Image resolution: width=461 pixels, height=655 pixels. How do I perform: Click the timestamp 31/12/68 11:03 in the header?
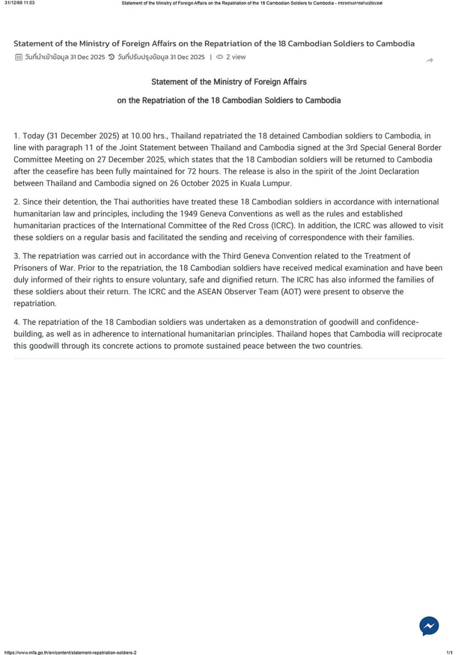(20, 3)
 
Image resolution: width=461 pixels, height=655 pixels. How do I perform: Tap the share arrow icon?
(429, 60)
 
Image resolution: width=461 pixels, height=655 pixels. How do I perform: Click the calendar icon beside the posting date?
(19, 57)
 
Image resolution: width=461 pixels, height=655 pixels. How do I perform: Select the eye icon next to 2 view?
(220, 57)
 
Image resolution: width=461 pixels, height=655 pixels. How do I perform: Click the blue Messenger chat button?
(429, 626)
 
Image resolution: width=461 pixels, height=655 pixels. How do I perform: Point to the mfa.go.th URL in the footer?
(70, 652)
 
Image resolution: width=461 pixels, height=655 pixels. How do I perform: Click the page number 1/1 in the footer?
(450, 652)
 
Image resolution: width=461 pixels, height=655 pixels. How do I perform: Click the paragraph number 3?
(16, 255)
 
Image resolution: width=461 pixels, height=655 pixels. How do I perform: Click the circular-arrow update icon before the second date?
(111, 57)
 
